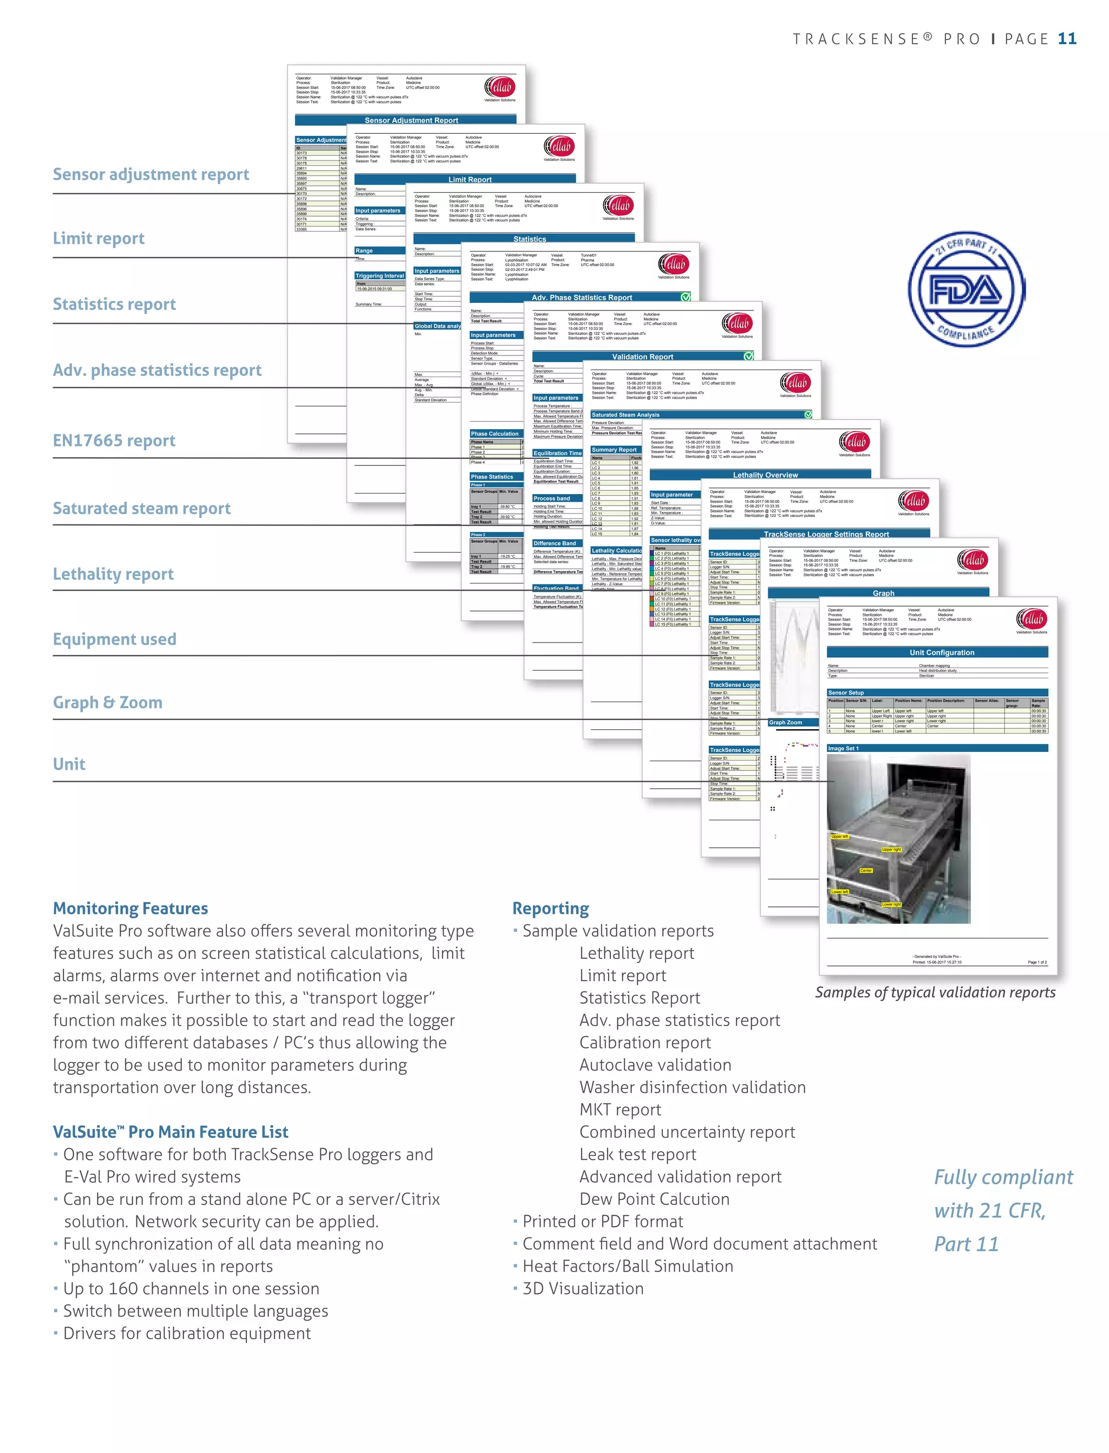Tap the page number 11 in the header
tap(1067, 39)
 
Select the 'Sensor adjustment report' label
tap(151, 174)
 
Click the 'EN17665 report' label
tap(114, 440)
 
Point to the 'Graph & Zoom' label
tap(108, 702)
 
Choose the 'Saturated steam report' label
tap(142, 508)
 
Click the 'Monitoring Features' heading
tap(130, 908)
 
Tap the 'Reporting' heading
tap(551, 908)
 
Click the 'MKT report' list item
tap(620, 1110)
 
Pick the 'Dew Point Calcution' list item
tap(654, 1199)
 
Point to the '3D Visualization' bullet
tap(583, 1288)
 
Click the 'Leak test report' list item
tap(638, 1154)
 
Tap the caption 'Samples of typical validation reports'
tap(935, 993)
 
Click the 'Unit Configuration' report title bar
tap(941, 652)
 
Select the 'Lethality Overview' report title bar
tap(765, 475)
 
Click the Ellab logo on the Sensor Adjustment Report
tap(500, 88)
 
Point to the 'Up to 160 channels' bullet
tap(191, 1288)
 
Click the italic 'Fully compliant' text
tap(1003, 1177)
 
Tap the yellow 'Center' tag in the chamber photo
tap(866, 871)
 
